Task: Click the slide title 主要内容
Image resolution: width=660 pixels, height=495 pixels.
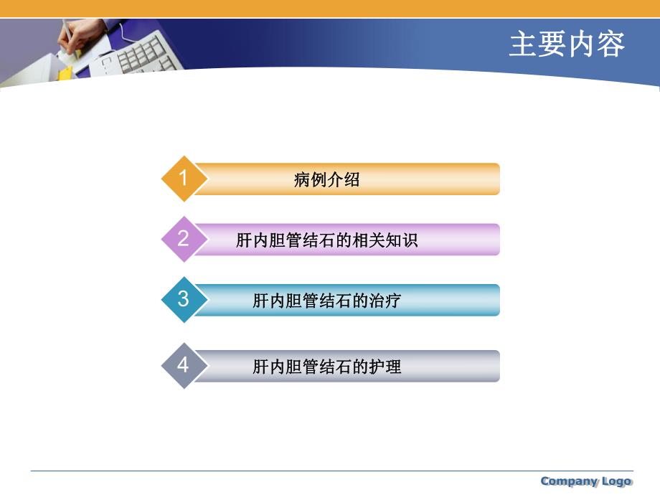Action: click(x=567, y=44)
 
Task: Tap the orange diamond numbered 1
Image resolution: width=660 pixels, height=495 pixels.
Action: click(x=184, y=178)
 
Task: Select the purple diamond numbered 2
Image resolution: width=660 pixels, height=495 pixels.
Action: click(x=184, y=239)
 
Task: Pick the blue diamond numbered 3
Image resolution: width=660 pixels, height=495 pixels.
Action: click(x=184, y=299)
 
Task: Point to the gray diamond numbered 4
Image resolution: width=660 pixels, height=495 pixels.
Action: click(x=184, y=366)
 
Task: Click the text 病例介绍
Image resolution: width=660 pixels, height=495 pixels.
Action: click(x=326, y=179)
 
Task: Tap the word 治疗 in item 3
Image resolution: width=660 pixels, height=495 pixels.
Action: click(x=385, y=301)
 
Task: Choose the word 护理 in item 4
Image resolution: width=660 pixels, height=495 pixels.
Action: click(x=385, y=367)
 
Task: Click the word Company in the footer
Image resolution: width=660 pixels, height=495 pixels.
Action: click(x=569, y=481)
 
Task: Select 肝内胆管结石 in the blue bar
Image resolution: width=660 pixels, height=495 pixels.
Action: click(x=303, y=301)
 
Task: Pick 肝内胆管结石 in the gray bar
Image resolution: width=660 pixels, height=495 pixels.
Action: click(x=303, y=367)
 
